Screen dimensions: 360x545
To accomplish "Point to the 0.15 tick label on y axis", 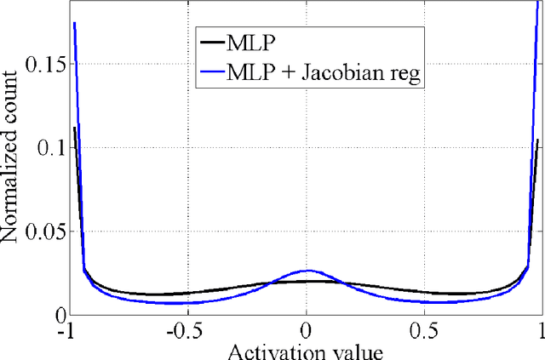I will pos(46,66).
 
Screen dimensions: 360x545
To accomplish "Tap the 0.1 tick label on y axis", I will pos(53,148).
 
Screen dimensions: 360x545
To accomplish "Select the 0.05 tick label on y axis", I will pos(46,231).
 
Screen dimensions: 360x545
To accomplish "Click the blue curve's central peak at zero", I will pos(307,271).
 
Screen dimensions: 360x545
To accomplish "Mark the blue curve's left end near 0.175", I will pos(75,24).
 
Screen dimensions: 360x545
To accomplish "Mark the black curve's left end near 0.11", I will pos(75,129).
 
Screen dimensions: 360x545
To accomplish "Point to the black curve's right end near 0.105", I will pos(538,140).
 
